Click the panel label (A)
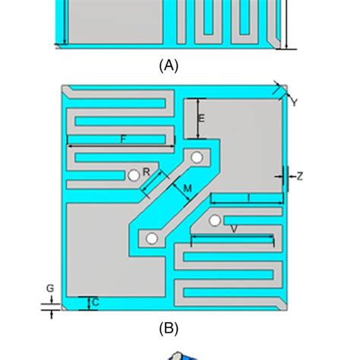[x=169, y=66]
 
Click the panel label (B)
[x=169, y=328]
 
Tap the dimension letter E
[x=201, y=118]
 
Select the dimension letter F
[x=122, y=138]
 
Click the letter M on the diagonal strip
[x=186, y=187]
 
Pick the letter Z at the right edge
[x=300, y=176]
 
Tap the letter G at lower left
[x=50, y=288]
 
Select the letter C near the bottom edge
[x=95, y=302]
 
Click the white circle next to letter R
[x=134, y=175]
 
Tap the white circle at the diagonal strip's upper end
[x=197, y=158]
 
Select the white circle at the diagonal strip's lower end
[x=152, y=238]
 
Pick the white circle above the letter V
[x=216, y=220]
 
